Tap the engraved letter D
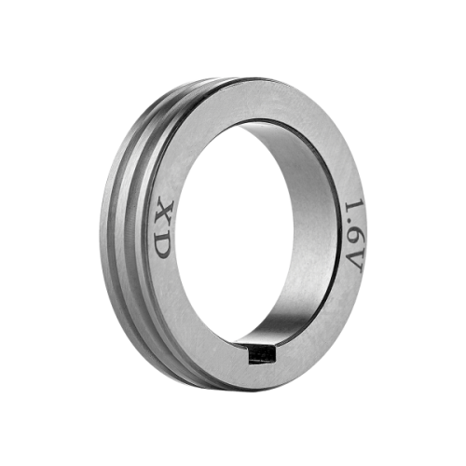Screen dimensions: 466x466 pyautogui.click(x=162, y=245)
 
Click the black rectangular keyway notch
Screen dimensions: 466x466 pyautogui.click(x=262, y=355)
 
